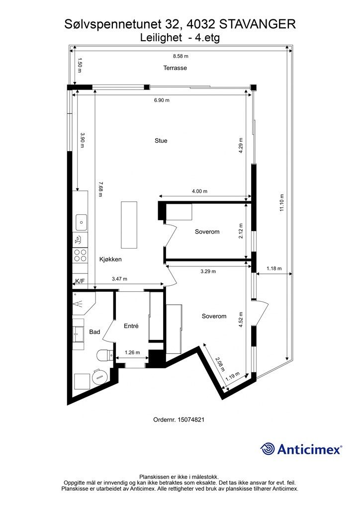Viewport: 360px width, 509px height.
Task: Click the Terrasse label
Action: click(175, 68)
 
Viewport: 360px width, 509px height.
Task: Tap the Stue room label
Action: click(161, 141)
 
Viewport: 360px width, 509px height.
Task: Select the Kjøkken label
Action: click(110, 259)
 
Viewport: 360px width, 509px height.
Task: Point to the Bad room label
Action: click(94, 332)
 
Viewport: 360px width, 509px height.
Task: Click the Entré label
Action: click(131, 326)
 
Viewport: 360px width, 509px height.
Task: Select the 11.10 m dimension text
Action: click(281, 202)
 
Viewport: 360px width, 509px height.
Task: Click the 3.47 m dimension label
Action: click(119, 279)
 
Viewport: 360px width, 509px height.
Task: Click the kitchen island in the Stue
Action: click(129, 225)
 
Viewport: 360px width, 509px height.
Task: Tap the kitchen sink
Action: click(80, 221)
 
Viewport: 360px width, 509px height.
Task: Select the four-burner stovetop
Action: click(80, 255)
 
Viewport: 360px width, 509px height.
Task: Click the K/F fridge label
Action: click(80, 281)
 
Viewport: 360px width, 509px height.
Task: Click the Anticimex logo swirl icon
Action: click(268, 449)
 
